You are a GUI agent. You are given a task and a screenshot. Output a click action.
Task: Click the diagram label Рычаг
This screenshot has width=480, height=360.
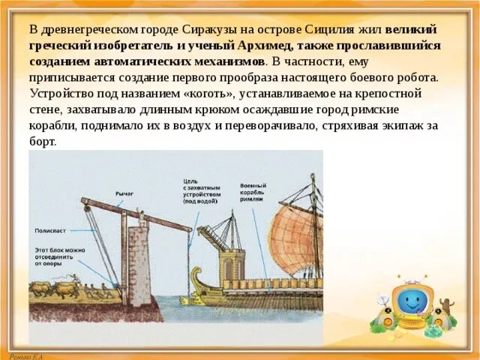124,193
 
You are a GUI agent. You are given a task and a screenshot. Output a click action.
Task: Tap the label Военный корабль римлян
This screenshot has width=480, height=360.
253,192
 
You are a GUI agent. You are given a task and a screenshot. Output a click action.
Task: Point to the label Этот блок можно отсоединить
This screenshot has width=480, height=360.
59,255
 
